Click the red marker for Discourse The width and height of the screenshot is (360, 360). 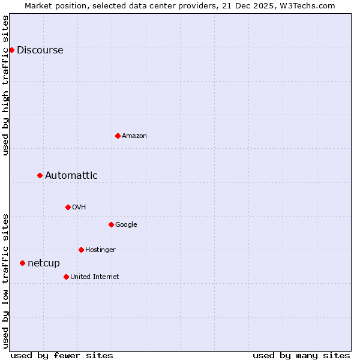tap(11, 50)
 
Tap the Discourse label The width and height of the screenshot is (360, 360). tap(40, 50)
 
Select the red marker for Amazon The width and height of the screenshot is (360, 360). tap(118, 136)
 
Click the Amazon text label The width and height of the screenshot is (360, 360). tap(134, 136)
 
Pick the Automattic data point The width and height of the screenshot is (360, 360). tap(40, 175)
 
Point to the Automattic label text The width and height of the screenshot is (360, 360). tap(71, 176)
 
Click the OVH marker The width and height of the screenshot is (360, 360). tap(68, 207)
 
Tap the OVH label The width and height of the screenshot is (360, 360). tap(79, 208)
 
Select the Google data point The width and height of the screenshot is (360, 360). tap(111, 224)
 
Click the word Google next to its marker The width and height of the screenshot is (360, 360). tap(126, 225)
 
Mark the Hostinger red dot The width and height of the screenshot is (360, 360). tap(81, 250)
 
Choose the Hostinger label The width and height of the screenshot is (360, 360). tap(100, 250)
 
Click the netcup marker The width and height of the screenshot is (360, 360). tap(22, 263)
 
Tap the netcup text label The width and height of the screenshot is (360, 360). tap(44, 263)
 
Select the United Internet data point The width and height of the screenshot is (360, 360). tap(66, 277)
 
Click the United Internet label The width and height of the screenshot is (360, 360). tap(94, 277)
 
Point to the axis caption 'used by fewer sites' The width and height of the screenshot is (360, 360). tap(62, 355)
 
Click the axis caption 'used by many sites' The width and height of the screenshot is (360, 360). tap(301, 355)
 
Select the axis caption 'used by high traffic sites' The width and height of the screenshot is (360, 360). tap(6, 85)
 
